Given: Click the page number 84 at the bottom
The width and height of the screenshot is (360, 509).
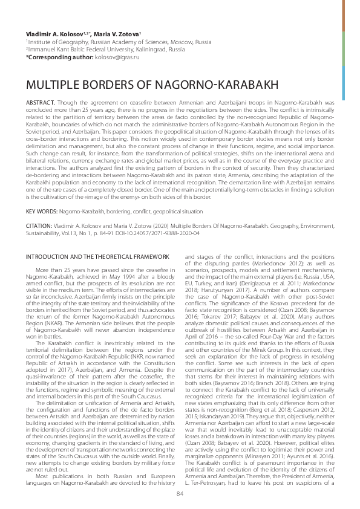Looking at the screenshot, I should click(x=180, y=493).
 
